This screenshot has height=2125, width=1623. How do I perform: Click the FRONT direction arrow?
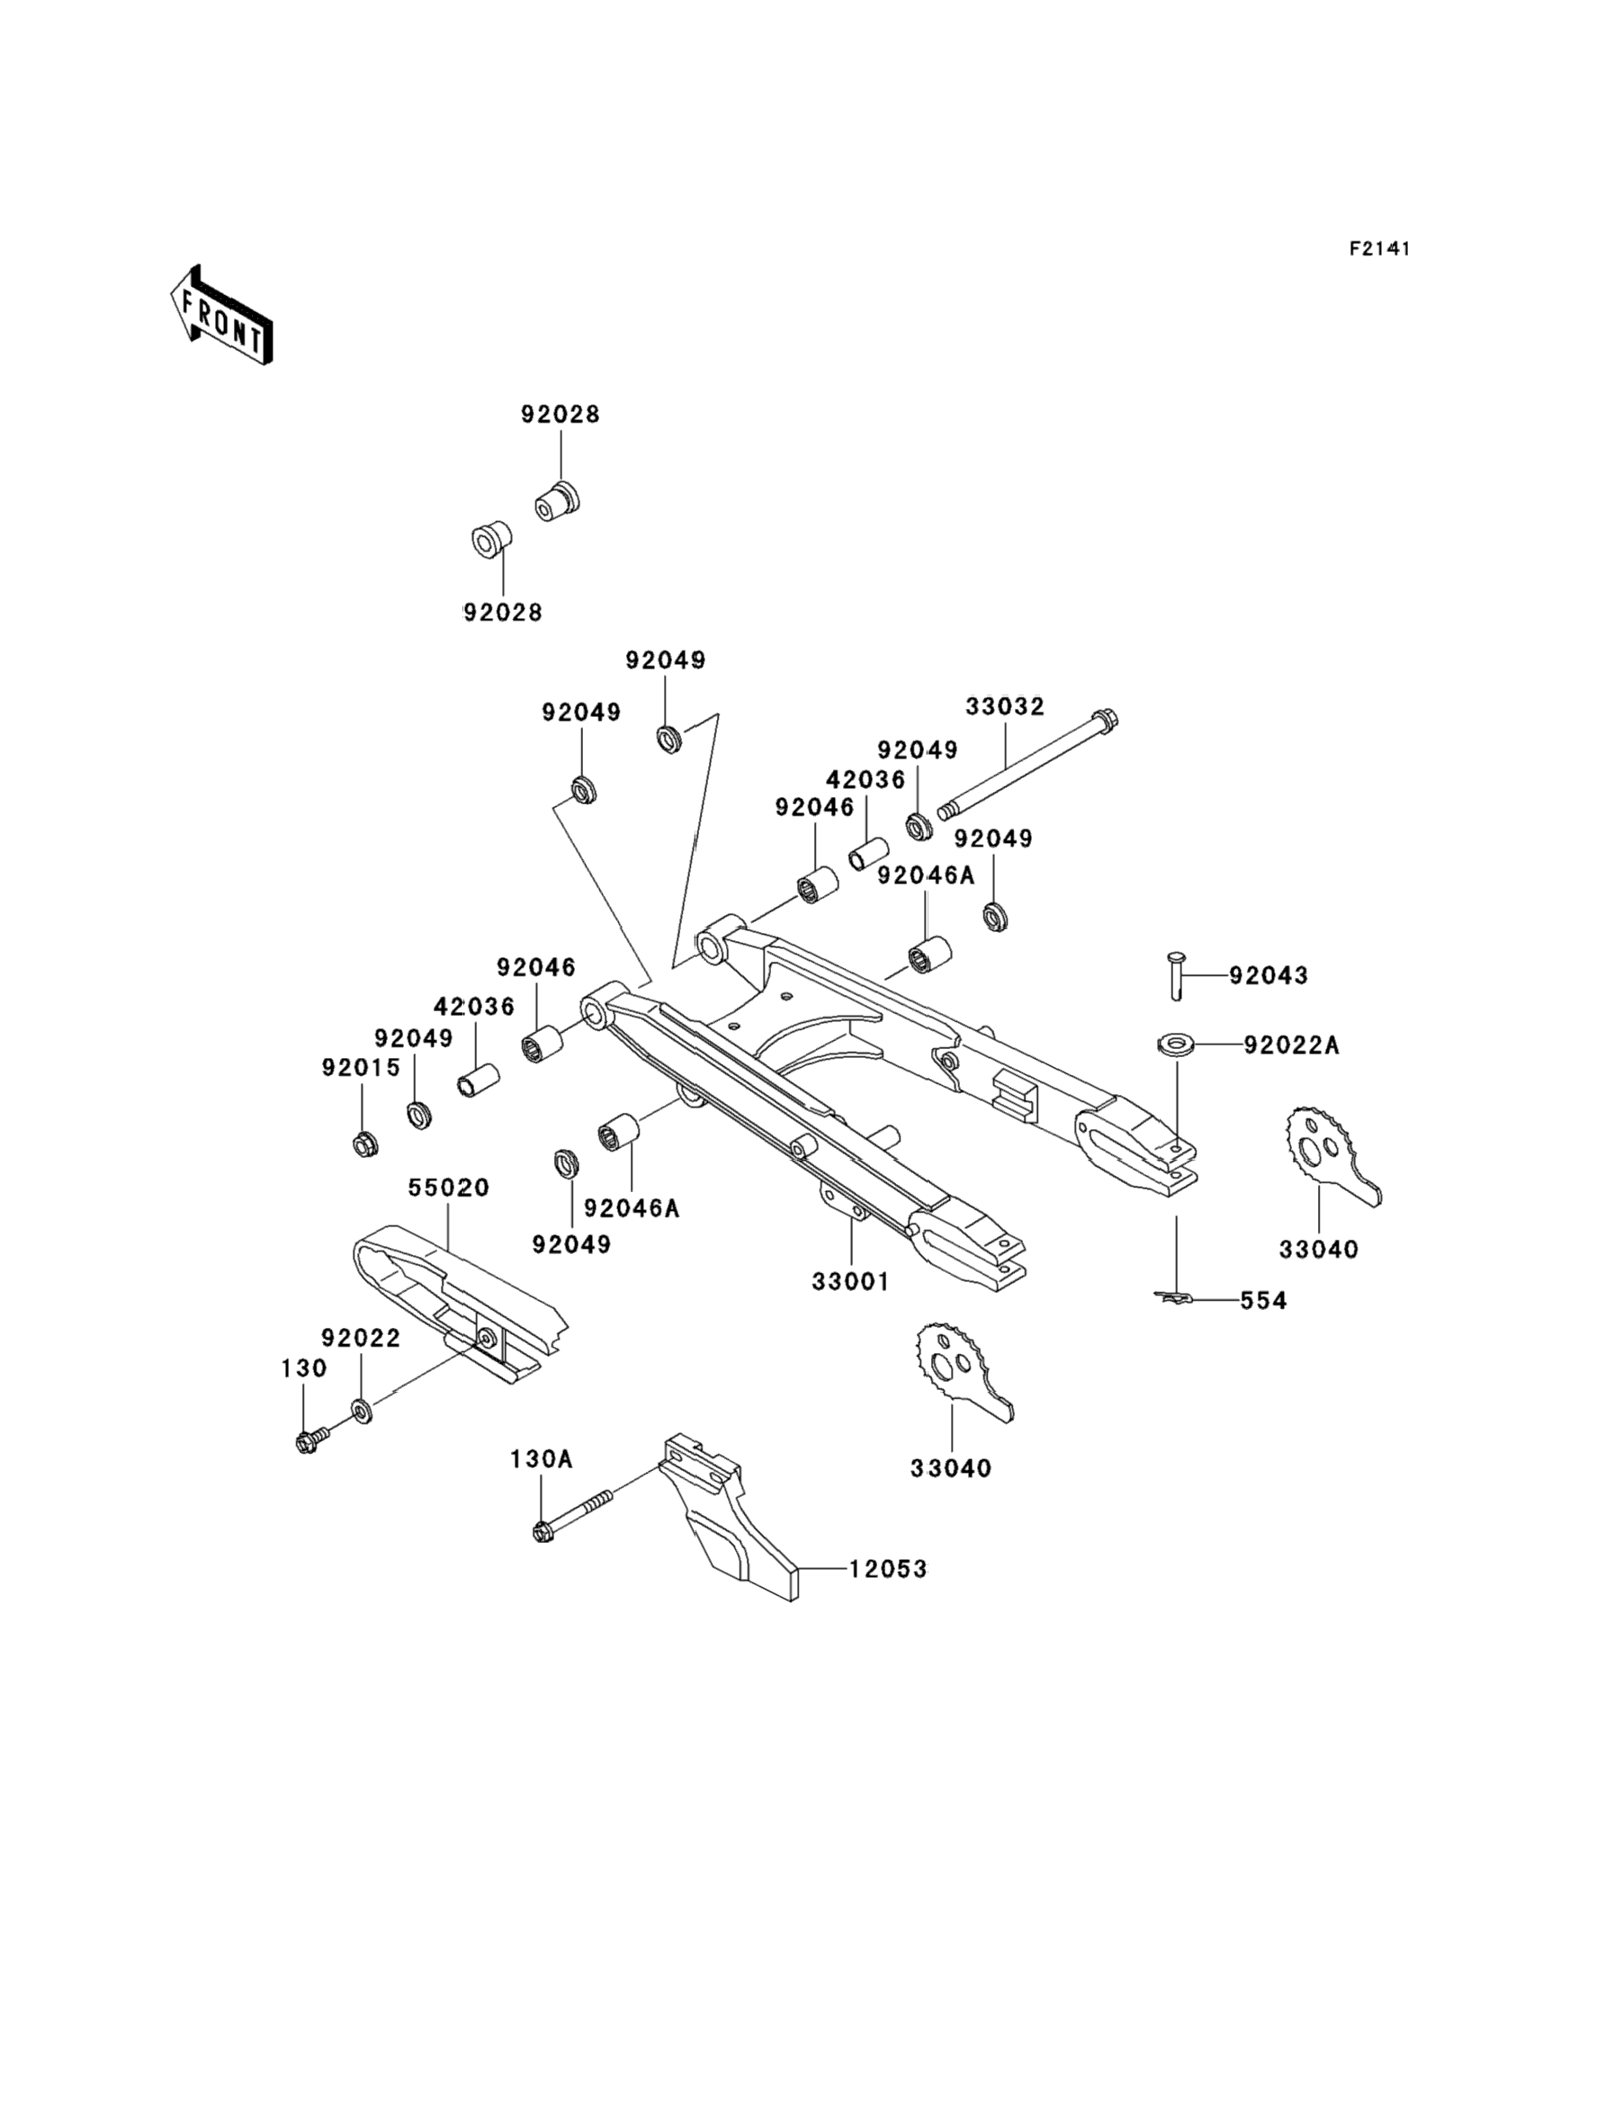[x=221, y=315]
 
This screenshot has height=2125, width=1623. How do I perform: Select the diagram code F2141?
[x=1379, y=249]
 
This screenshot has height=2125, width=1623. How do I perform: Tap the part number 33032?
[x=1005, y=707]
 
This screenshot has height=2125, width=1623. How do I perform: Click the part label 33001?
[x=850, y=1282]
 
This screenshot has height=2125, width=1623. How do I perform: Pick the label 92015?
[x=361, y=1067]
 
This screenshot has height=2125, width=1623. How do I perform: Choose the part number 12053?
[x=888, y=1570]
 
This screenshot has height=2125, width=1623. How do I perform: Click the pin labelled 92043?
[x=1176, y=974]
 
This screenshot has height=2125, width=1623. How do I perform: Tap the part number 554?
[x=1264, y=1301]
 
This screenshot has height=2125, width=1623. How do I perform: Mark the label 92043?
[x=1268, y=975]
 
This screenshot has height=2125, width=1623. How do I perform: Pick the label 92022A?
[x=1291, y=1045]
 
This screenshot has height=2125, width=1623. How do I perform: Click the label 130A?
[x=541, y=1459]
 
